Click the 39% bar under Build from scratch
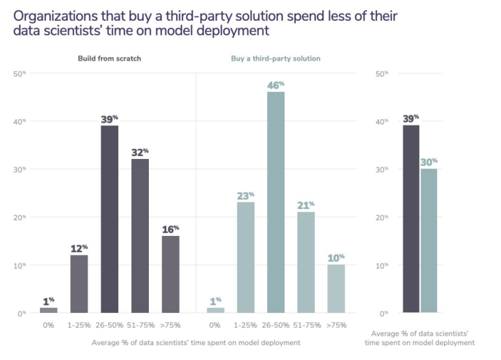(109, 219)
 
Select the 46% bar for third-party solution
(276, 202)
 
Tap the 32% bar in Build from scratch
(140, 235)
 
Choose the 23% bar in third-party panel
(245, 257)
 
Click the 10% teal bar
(336, 288)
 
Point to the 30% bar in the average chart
(429, 240)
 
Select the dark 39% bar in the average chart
(411, 219)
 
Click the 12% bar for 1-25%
(79, 284)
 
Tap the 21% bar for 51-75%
(306, 262)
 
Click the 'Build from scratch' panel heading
(110, 58)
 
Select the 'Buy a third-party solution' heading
(276, 58)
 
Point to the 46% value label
(275, 86)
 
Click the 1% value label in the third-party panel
(215, 301)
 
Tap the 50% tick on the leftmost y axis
(20, 73)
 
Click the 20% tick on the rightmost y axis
(381, 217)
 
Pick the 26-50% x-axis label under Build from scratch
(109, 325)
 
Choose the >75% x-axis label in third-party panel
(336, 325)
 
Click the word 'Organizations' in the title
(53, 15)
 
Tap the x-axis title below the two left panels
(196, 342)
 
